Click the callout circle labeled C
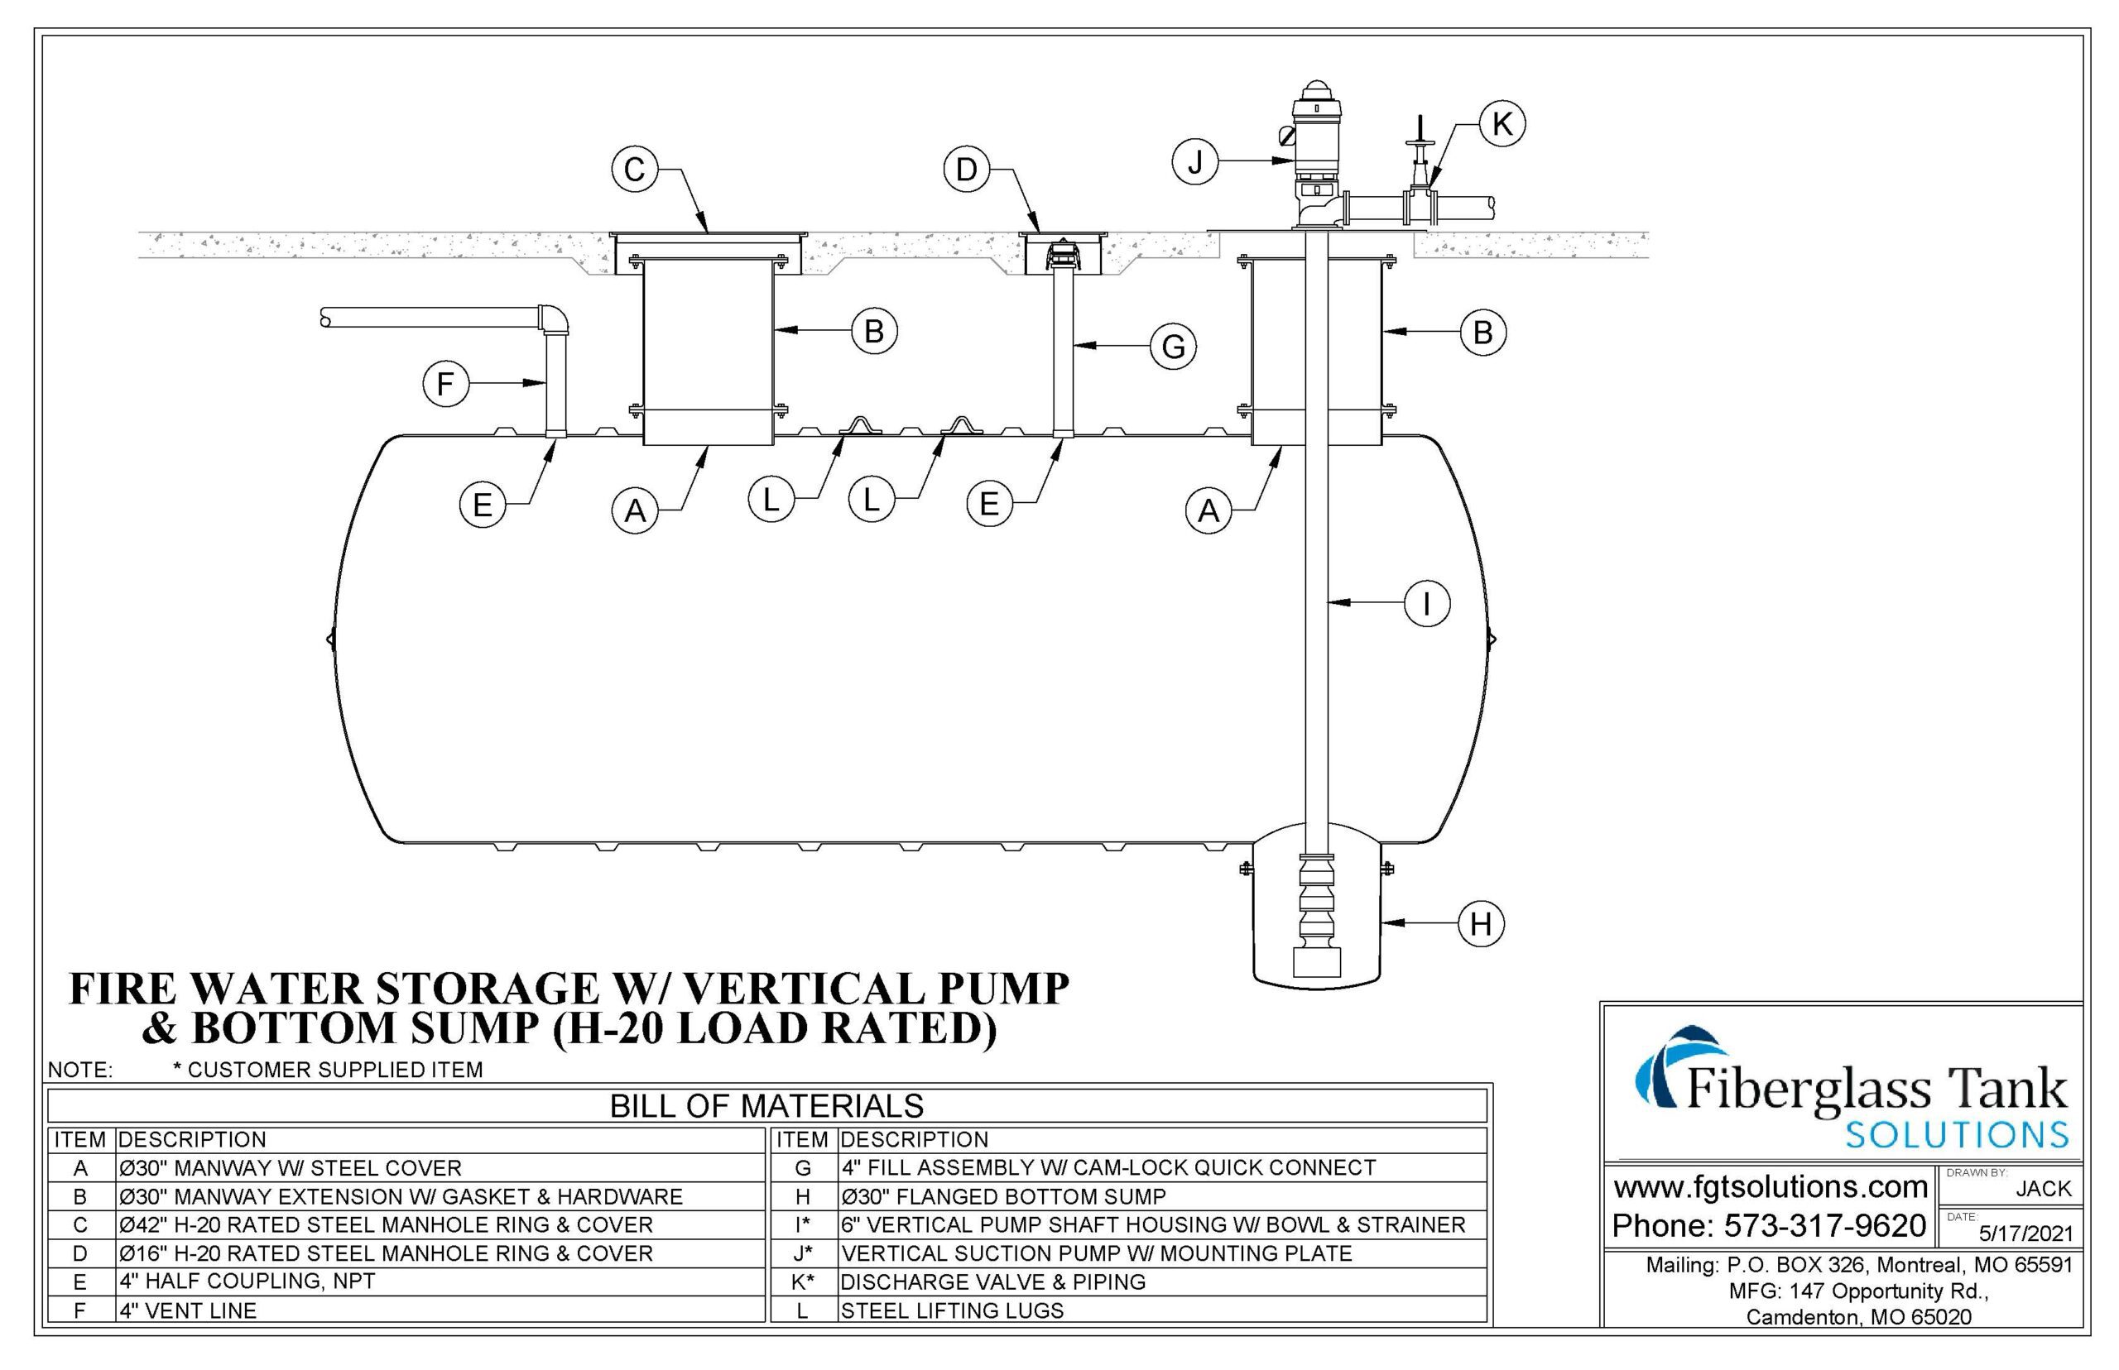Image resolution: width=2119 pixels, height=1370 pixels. [x=634, y=169]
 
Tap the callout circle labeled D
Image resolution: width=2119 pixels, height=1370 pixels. [x=967, y=169]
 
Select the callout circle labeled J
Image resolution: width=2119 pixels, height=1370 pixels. [x=1194, y=162]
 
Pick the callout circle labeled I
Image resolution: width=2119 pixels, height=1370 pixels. [x=1427, y=604]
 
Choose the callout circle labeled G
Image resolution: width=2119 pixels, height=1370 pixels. [x=1173, y=347]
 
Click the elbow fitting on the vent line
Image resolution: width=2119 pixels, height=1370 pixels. [x=554, y=319]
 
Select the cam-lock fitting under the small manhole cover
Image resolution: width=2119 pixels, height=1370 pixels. [x=1063, y=256]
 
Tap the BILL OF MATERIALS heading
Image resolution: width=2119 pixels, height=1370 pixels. [x=766, y=1106]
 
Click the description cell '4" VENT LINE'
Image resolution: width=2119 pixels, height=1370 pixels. [x=189, y=1310]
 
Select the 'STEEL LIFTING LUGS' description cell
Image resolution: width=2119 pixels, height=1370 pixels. [x=951, y=1310]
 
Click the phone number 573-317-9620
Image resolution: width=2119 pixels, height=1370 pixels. [x=1824, y=1226]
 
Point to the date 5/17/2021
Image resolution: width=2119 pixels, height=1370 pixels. [x=2025, y=1233]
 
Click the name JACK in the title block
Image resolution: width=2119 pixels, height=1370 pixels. [x=2044, y=1189]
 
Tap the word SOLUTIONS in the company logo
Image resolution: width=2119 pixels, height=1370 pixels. [x=1957, y=1135]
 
